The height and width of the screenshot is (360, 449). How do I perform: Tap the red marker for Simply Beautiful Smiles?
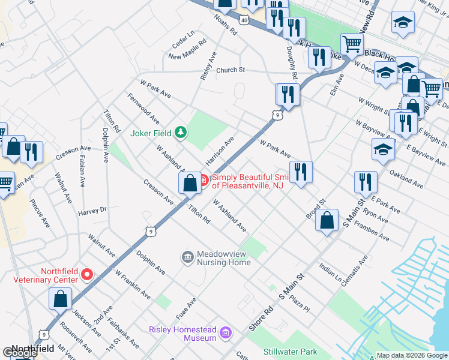click(203, 179)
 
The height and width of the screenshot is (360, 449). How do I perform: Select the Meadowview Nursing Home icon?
click(188, 257)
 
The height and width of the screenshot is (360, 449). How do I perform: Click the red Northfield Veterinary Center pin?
click(87, 275)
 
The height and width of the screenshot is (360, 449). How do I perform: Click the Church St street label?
click(231, 70)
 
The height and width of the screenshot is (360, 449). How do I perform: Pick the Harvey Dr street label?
click(92, 211)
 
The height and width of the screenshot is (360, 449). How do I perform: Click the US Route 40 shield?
click(243, 20)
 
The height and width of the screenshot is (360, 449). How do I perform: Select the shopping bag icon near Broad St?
click(326, 220)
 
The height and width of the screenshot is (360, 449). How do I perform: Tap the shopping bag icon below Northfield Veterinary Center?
click(61, 298)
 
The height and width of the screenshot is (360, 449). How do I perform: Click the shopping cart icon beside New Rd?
click(352, 43)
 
